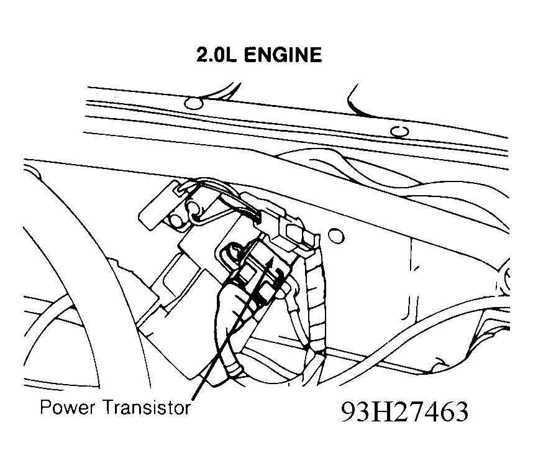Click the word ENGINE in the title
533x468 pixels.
coord(283,55)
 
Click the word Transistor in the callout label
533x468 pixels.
coord(147,407)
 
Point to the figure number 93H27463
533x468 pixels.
coord(404,412)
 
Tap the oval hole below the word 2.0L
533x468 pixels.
coord(193,103)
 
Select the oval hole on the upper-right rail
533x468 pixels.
coord(399,131)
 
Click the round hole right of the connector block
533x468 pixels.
coord(336,236)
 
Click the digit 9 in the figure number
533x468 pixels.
coord(348,412)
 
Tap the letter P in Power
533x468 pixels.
coord(45,406)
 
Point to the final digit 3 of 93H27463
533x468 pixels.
coord(462,412)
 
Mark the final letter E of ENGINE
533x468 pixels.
coord(316,55)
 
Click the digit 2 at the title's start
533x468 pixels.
coord(202,55)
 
